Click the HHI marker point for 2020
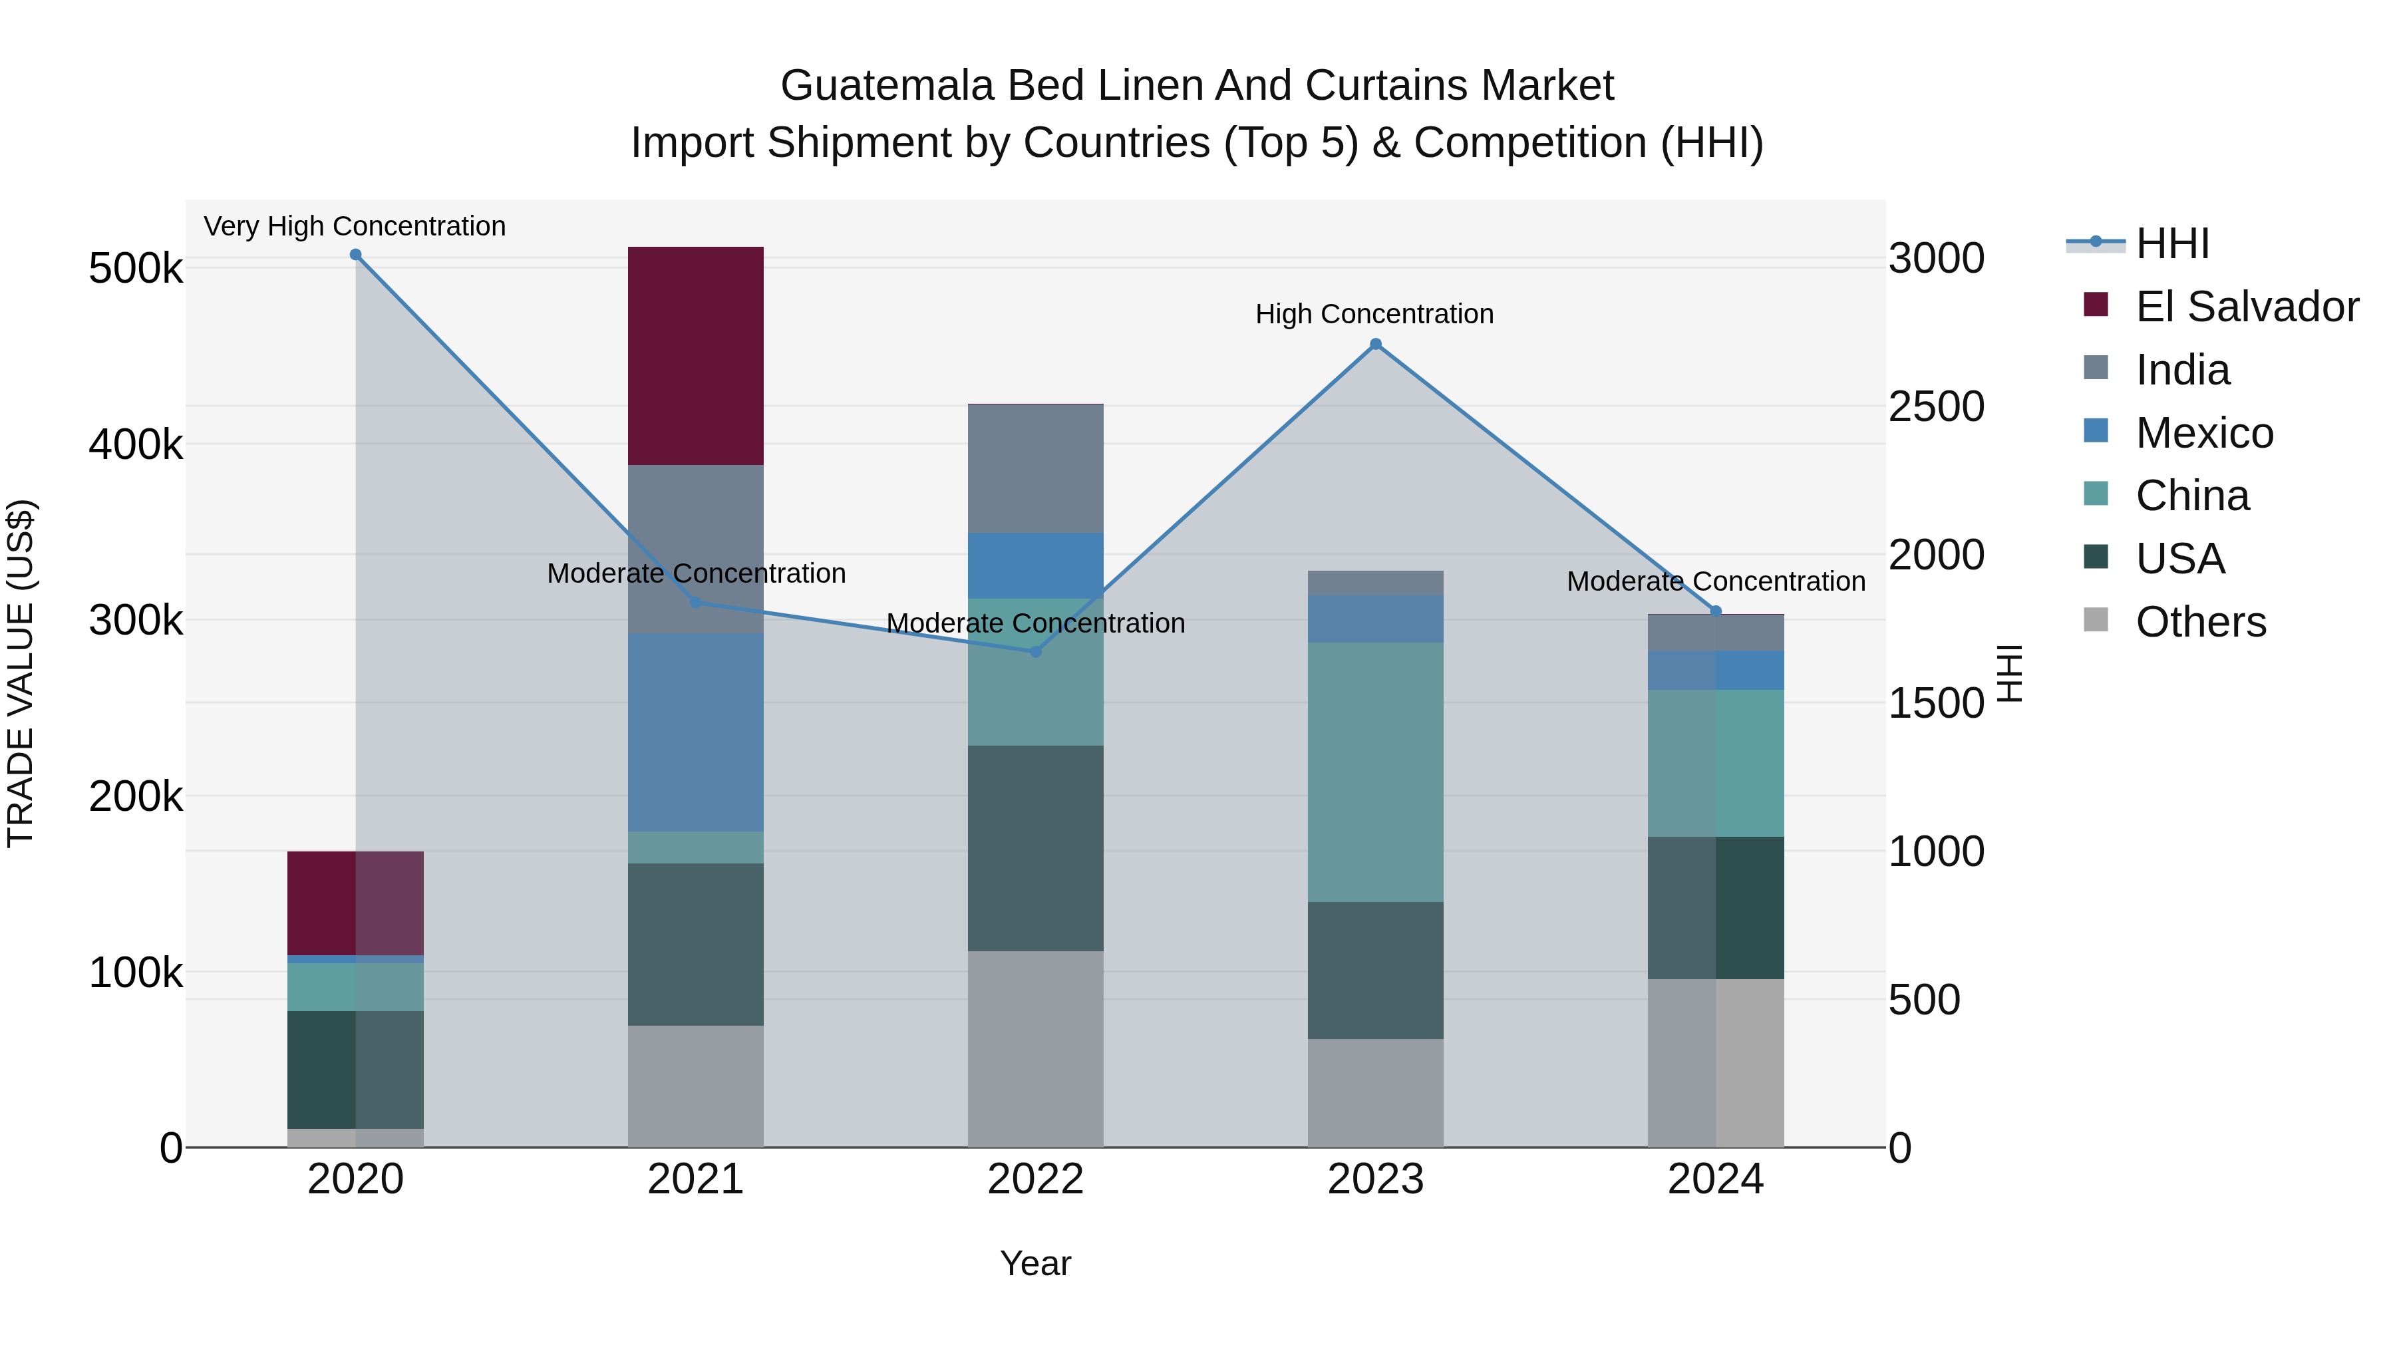coord(355,255)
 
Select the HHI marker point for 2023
coord(1376,344)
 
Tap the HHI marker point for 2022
coord(1036,652)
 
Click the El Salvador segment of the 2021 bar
coord(695,356)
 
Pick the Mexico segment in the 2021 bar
coord(695,732)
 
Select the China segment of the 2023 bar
coord(1376,772)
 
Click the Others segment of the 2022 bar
coord(1036,1048)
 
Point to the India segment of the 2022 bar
coord(1036,468)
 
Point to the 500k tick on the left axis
coord(136,269)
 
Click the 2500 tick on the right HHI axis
coord(1937,406)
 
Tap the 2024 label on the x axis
coord(1715,1179)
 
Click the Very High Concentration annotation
coord(355,226)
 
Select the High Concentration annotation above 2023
coord(1374,314)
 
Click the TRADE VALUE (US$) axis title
coord(21,673)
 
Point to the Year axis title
coord(1036,1263)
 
